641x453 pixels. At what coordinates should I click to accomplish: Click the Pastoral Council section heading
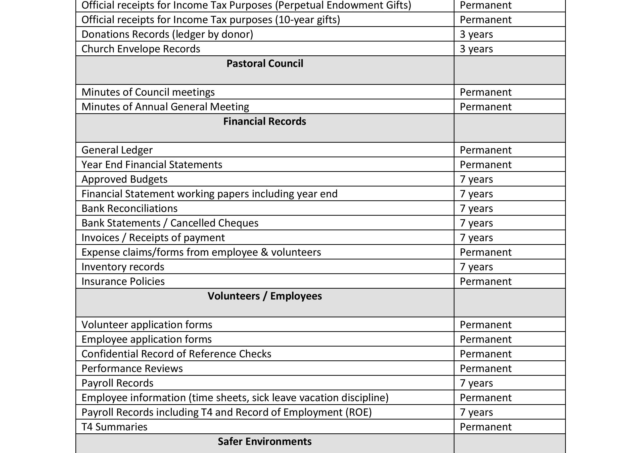tap(265, 64)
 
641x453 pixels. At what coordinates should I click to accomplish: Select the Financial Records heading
tap(264, 122)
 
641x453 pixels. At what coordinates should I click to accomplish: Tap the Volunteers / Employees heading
tap(264, 296)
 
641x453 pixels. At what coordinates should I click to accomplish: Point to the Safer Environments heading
tap(264, 441)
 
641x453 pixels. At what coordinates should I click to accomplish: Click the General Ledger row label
tap(117, 150)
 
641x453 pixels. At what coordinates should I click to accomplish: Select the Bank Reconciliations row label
tap(129, 208)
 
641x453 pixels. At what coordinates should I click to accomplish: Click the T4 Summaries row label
tap(114, 427)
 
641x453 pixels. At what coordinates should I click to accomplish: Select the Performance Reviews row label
tap(132, 369)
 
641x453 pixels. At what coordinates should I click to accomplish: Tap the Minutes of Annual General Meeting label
tap(165, 107)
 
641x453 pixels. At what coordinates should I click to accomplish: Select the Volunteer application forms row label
tap(147, 325)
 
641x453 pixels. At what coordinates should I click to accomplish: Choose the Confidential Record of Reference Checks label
tap(176, 354)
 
